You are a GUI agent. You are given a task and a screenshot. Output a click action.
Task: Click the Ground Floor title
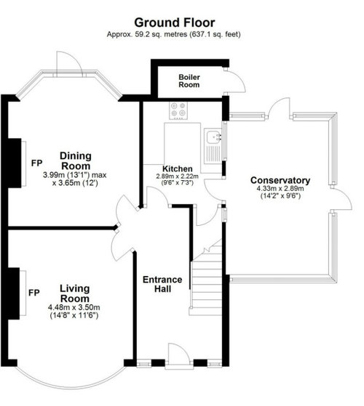tap(174, 23)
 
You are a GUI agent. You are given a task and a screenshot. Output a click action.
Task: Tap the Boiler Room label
tap(189, 81)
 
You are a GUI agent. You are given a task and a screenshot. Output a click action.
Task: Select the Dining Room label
tap(75, 161)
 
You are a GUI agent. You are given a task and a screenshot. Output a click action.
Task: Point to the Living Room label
tap(75, 293)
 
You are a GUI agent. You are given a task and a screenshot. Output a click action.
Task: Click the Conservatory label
tap(280, 180)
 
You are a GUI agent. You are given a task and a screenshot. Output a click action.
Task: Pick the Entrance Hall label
tap(162, 284)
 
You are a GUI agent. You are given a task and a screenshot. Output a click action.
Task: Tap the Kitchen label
tap(178, 169)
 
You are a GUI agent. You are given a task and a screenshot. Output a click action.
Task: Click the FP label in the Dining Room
tap(37, 163)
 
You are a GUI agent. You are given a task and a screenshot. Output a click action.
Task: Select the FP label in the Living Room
tap(34, 293)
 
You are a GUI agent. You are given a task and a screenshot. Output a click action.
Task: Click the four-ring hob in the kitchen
tap(178, 110)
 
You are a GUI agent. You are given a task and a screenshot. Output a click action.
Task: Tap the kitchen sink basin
tap(214, 137)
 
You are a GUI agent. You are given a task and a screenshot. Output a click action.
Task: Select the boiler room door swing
tap(235, 81)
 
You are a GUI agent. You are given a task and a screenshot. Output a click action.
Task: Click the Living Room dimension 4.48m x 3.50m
tap(74, 308)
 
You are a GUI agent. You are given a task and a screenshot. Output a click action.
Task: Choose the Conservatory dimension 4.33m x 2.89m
tap(280, 189)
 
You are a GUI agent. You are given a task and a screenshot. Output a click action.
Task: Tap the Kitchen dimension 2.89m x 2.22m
tap(177, 176)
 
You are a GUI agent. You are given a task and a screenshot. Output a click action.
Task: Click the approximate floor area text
tap(173, 34)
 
